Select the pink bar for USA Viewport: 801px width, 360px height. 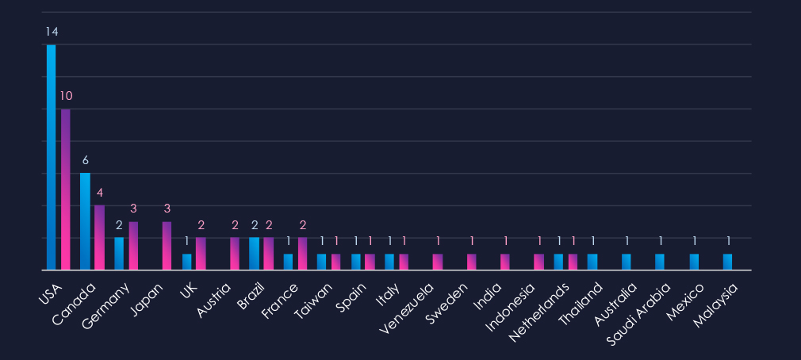[x=66, y=190]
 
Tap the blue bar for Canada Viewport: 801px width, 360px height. [x=85, y=221]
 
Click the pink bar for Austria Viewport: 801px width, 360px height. [x=235, y=254]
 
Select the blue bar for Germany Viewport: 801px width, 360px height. [x=119, y=254]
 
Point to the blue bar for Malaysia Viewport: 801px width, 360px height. [x=727, y=262]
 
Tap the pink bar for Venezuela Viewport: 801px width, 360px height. [x=438, y=262]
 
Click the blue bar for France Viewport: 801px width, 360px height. [x=288, y=262]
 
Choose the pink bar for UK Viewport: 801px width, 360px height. [x=201, y=254]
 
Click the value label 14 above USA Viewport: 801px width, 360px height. [x=52, y=32]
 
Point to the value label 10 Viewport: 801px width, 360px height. [x=66, y=96]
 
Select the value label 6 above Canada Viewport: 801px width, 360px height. [x=85, y=160]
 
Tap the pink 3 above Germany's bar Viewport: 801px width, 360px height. [x=133, y=209]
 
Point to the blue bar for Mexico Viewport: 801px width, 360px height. [x=694, y=262]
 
